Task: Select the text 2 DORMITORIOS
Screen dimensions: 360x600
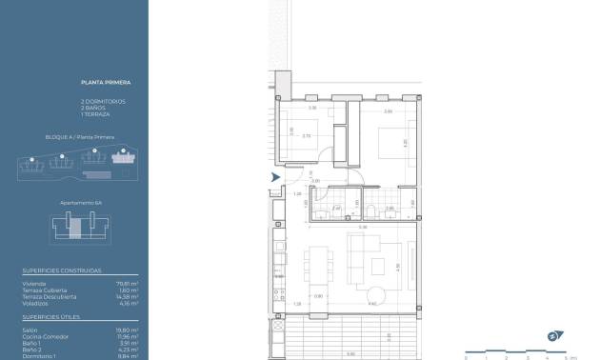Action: coord(103,101)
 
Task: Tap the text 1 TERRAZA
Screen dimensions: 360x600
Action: coord(96,114)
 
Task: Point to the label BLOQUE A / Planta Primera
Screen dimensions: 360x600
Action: coord(80,137)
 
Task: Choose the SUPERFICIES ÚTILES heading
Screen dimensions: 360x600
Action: coord(53,315)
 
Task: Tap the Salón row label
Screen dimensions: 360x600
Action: coord(30,329)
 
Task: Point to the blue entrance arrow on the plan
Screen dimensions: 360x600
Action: coord(275,177)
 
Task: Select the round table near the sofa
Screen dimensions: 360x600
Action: coord(379,292)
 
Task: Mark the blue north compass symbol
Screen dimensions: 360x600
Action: coord(554,335)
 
